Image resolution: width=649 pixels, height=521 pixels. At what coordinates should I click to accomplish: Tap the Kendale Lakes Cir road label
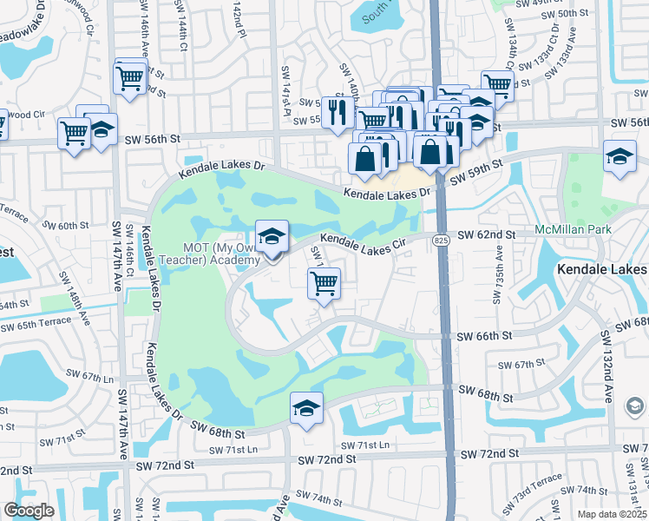[364, 242]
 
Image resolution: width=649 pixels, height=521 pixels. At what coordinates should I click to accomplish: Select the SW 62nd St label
[487, 234]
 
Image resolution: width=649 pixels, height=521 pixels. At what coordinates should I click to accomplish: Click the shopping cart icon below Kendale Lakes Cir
[324, 282]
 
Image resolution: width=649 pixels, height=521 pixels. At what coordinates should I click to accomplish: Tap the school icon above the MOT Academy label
[272, 235]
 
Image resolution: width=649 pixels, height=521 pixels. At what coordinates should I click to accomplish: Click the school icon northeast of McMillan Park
[619, 158]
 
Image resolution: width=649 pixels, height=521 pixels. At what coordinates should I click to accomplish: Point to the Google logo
[29, 511]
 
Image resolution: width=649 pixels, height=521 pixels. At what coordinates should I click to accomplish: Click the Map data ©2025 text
[612, 514]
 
